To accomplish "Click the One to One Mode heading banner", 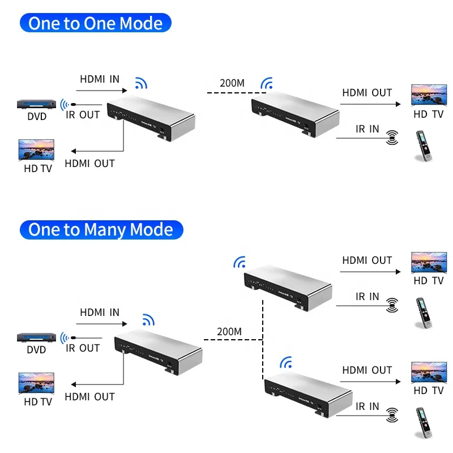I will [x=95, y=23].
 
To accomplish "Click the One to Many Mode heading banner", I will [x=101, y=229].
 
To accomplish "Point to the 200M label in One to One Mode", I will [x=232, y=83].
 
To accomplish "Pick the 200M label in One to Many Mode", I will [x=229, y=331].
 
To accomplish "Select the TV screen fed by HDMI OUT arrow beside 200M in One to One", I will [x=428, y=96].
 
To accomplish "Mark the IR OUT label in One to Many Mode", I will [x=83, y=348].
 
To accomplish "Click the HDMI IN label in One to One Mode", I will [x=100, y=79].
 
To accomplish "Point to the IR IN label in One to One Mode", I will [x=367, y=129].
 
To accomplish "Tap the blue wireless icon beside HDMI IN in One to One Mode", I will [x=141, y=84].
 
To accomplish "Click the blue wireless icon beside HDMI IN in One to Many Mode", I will [x=148, y=320].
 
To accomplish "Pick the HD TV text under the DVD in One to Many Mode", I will [x=37, y=401].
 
